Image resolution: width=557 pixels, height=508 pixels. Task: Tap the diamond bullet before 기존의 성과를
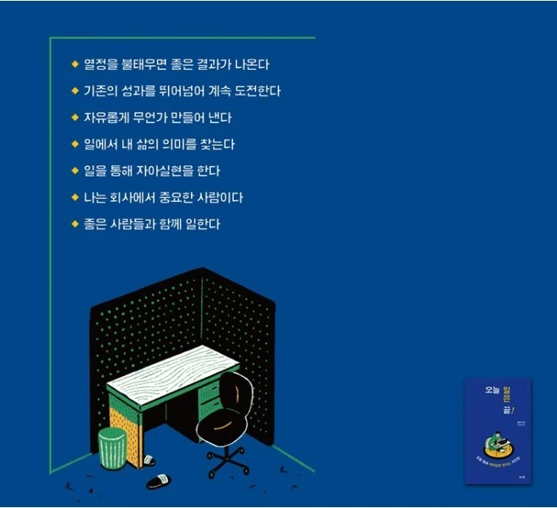point(75,91)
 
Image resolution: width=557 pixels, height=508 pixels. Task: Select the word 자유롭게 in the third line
point(104,118)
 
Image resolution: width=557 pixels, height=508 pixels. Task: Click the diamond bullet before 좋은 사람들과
point(75,224)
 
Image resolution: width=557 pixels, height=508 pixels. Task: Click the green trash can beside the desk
point(112,448)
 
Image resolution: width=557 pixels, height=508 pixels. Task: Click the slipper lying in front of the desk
point(158,481)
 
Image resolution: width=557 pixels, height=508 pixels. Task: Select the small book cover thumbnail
point(497,431)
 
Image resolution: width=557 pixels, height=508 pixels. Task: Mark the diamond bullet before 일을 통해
point(75,171)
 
